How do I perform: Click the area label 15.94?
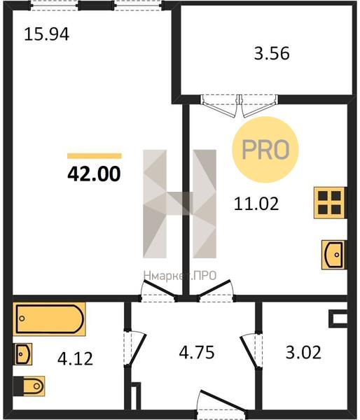(x=47, y=34)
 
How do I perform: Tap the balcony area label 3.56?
(x=272, y=53)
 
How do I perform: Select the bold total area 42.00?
(x=94, y=174)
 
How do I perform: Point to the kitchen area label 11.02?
(x=256, y=204)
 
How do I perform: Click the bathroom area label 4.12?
(x=76, y=359)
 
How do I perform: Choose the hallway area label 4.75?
(x=197, y=353)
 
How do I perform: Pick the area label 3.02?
(x=303, y=353)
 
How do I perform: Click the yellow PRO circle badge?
(x=265, y=150)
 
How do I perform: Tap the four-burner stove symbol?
(x=329, y=203)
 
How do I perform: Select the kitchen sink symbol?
(x=333, y=255)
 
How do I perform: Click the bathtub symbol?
(x=49, y=319)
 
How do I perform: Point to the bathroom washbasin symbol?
(x=23, y=354)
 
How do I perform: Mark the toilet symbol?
(x=29, y=386)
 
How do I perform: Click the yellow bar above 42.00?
(x=95, y=156)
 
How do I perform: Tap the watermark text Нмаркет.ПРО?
(x=180, y=275)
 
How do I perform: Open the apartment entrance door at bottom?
(x=222, y=402)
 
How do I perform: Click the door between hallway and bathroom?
(x=135, y=349)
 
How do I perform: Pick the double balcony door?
(x=240, y=106)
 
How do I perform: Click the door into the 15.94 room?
(x=159, y=291)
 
